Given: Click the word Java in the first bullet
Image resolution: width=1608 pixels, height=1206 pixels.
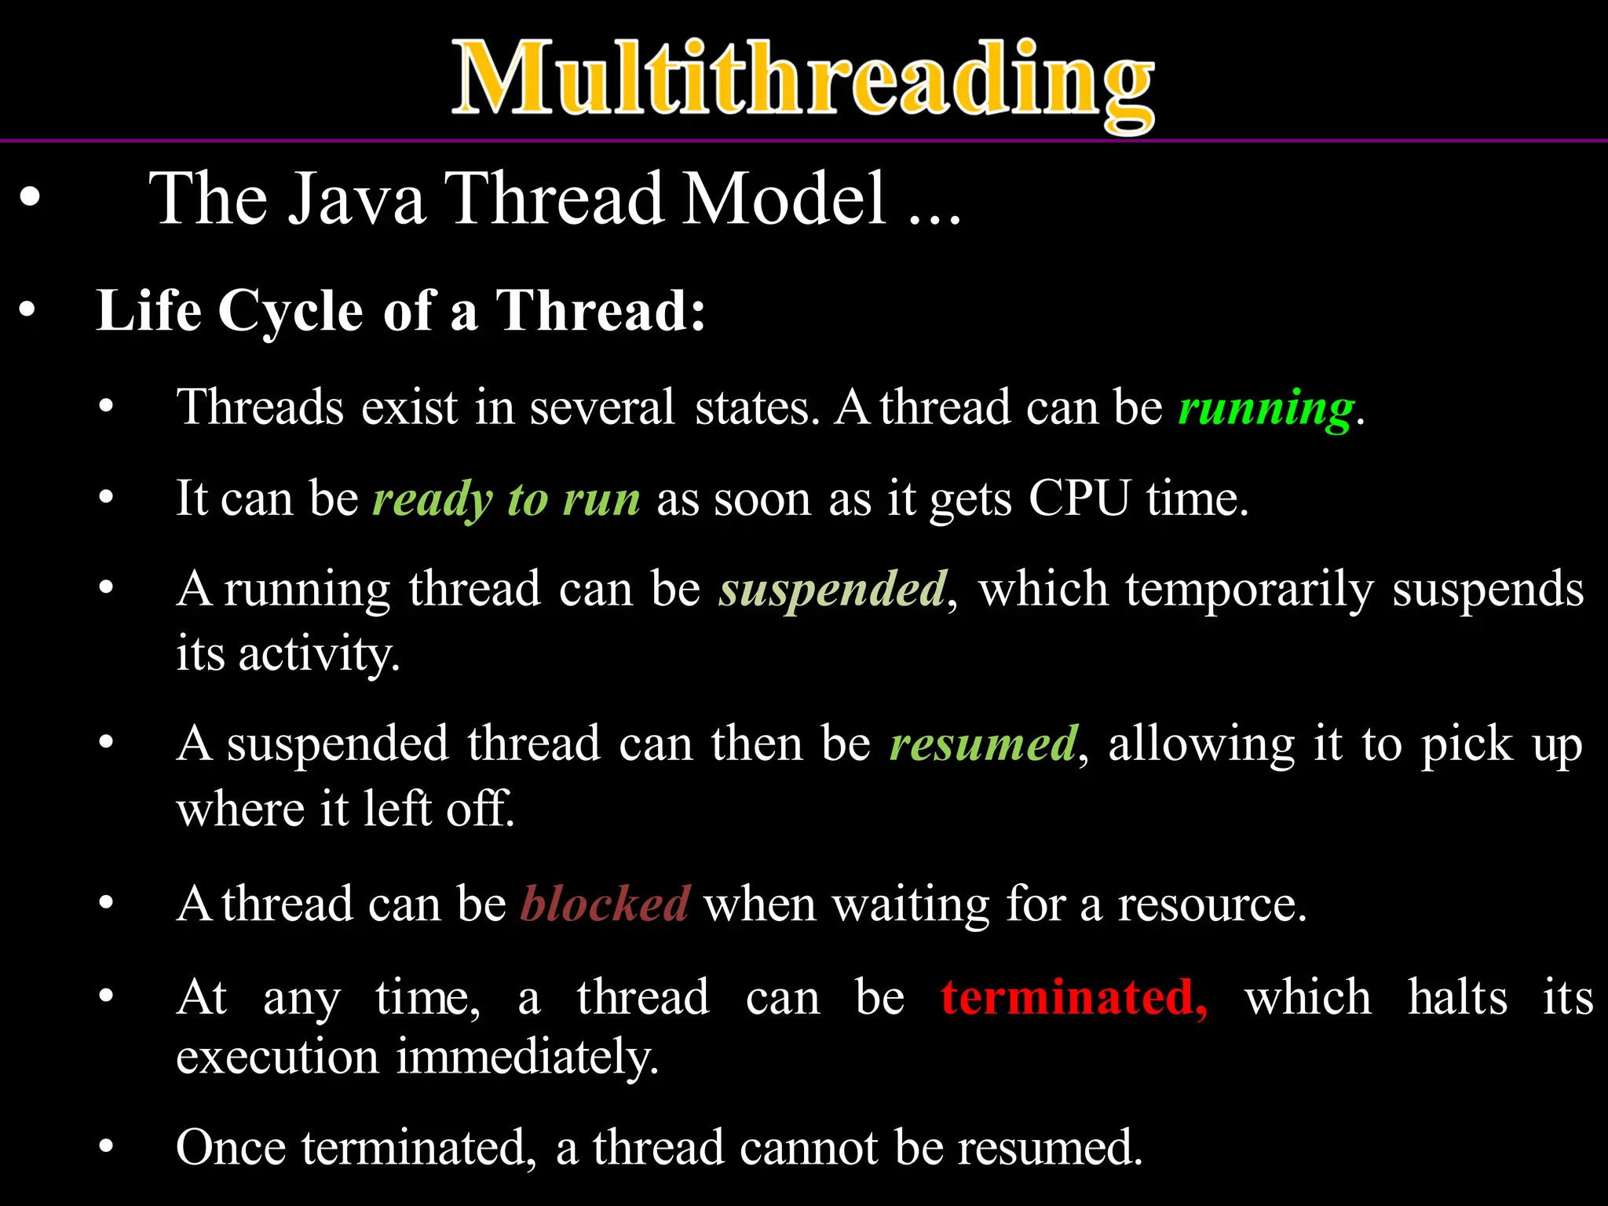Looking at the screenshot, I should [x=356, y=199].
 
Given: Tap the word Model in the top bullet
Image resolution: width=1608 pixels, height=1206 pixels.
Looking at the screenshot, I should [x=785, y=199].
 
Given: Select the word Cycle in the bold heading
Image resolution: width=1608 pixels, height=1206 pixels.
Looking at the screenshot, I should [x=291, y=311].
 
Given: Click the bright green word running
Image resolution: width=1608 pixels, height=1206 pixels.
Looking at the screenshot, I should [x=1266, y=408].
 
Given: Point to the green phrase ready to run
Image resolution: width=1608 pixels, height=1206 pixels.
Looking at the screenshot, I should [x=506, y=499].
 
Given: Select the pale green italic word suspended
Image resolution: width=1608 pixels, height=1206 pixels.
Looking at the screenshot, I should [x=832, y=590].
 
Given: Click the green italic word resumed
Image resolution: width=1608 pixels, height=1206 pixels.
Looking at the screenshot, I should [x=983, y=744].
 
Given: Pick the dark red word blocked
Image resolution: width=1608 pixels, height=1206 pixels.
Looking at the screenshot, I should [x=605, y=904].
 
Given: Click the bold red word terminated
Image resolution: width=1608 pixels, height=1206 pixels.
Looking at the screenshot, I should [x=1073, y=997].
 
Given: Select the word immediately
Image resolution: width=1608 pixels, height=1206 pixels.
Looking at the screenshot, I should [x=526, y=1057].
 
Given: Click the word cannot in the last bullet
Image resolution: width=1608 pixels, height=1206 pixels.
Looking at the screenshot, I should [x=808, y=1148].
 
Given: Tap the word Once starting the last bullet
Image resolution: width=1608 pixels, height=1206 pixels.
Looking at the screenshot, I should [x=231, y=1148].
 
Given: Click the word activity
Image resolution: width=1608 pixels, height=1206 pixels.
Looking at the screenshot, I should [x=319, y=654].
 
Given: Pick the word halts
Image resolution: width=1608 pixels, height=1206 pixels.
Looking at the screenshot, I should [x=1456, y=997].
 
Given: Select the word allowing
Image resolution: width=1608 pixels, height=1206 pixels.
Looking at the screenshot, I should [x=1201, y=744].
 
